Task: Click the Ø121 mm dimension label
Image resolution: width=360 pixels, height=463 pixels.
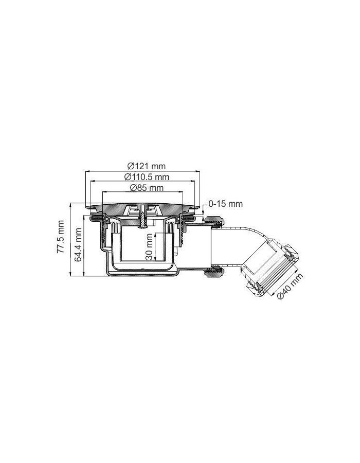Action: pos(146,166)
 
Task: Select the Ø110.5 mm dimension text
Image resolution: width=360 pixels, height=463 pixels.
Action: pos(147,176)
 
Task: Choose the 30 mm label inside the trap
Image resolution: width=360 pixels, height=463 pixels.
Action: pos(149,247)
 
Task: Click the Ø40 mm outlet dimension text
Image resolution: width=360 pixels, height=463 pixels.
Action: pos(290,289)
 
